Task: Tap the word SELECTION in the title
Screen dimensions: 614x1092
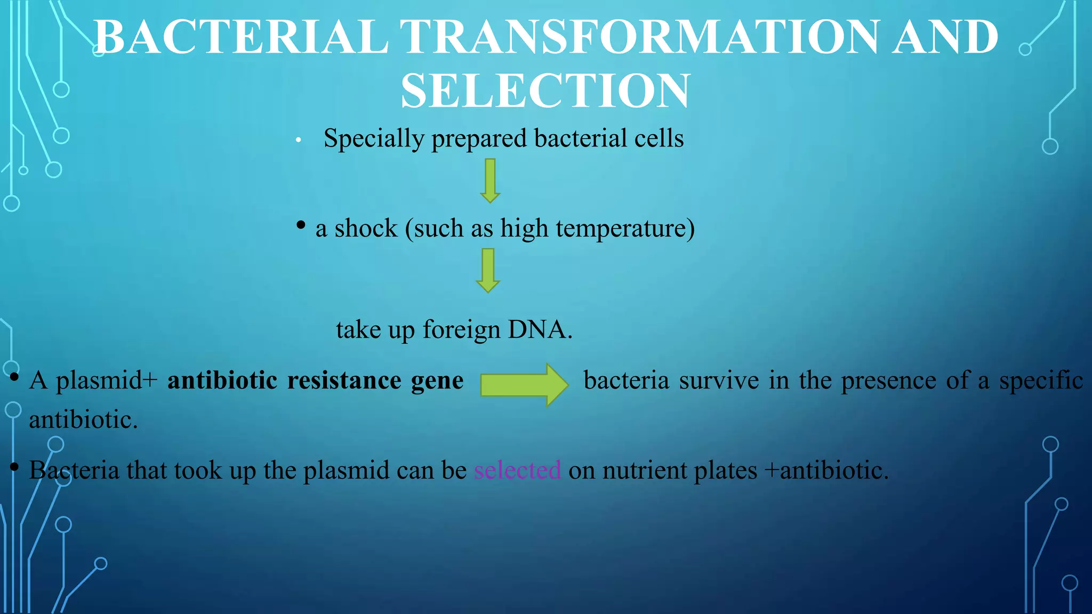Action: pyautogui.click(x=545, y=91)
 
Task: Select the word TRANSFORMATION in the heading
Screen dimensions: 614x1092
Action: pyautogui.click(x=639, y=37)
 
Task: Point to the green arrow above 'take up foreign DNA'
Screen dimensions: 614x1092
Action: pyautogui.click(x=488, y=270)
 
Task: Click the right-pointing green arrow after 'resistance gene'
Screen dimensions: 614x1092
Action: pyautogui.click(x=524, y=385)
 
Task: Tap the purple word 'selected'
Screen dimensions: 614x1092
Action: pyautogui.click(x=517, y=471)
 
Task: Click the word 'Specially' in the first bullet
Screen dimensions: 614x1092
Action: pyautogui.click(x=373, y=139)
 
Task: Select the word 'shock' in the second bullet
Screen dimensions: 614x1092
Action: pyautogui.click(x=366, y=229)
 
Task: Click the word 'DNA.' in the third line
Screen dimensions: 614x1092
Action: pyautogui.click(x=540, y=329)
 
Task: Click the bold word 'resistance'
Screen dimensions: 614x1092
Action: pyautogui.click(x=344, y=381)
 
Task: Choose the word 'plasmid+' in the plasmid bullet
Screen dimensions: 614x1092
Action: pyautogui.click(x=107, y=381)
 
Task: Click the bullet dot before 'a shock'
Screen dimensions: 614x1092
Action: pyautogui.click(x=301, y=225)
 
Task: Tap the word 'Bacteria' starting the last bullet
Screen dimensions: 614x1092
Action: pyautogui.click(x=74, y=471)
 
